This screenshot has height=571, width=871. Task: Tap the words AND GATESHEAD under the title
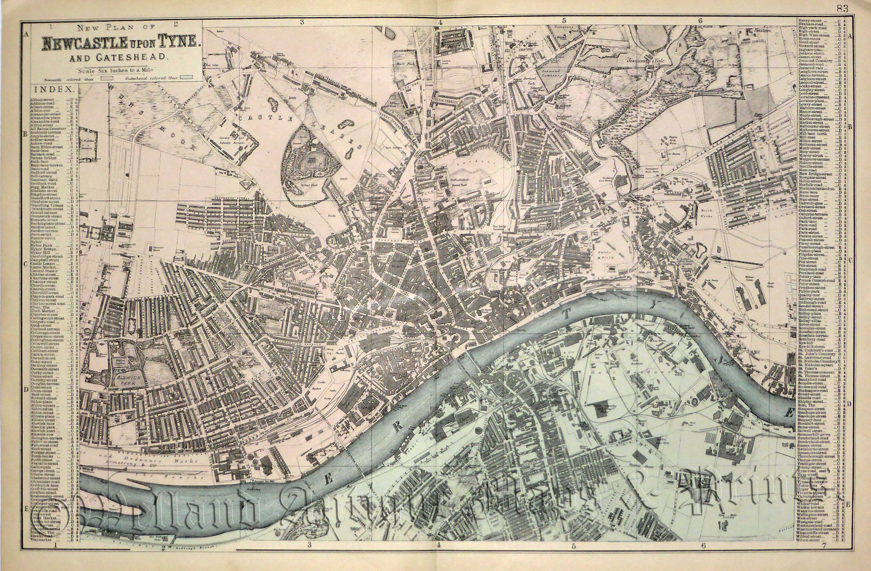[x=117, y=57]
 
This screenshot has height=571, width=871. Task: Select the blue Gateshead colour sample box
[x=188, y=78]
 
